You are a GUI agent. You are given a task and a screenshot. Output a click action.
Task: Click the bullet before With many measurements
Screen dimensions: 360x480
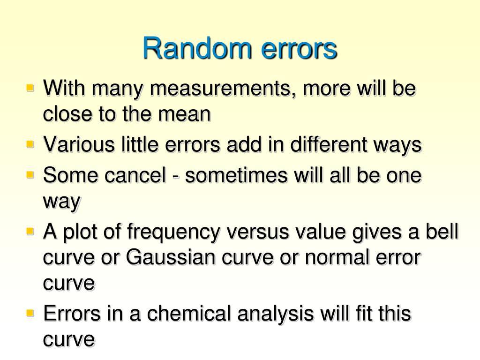click(31, 88)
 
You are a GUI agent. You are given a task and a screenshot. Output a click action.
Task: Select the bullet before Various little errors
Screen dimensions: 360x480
click(31, 144)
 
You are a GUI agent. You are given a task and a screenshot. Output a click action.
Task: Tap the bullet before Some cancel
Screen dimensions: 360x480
click(31, 175)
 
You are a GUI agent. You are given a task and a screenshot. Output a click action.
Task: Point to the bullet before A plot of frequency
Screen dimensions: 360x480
click(31, 232)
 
